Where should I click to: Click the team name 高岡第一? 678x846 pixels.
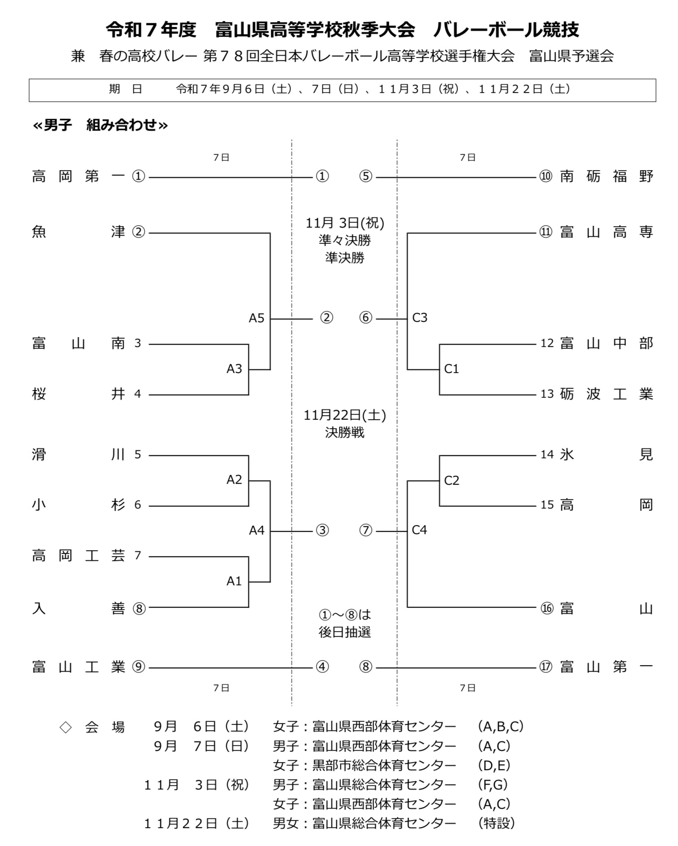(79, 176)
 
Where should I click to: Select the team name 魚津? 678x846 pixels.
(79, 232)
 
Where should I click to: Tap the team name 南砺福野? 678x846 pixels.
(606, 176)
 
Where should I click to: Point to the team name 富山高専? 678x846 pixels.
(606, 232)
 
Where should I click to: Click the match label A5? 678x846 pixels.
(257, 318)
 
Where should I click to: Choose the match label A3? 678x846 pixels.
(234, 369)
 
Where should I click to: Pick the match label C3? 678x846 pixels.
(420, 318)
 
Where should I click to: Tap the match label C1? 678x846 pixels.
(451, 369)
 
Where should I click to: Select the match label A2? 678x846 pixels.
(234, 480)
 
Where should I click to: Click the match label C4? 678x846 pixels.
(419, 530)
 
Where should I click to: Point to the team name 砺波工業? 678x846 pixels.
(606, 394)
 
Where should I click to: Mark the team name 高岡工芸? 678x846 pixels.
(79, 556)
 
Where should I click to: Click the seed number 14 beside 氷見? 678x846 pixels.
(547, 455)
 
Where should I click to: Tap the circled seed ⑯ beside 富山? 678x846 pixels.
(547, 609)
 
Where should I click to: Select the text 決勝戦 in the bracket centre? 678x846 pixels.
(345, 433)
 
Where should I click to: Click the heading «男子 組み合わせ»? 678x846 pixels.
(100, 125)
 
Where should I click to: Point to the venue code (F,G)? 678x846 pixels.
(493, 785)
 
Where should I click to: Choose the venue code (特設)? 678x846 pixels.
(497, 823)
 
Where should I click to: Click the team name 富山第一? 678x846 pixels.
(606, 667)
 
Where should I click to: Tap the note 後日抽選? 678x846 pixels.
(345, 632)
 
